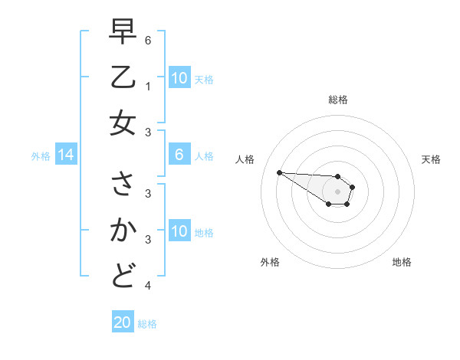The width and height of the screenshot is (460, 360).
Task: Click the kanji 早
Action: (123, 32)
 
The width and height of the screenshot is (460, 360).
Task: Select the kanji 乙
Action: (123, 77)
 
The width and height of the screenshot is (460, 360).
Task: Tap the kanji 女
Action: (123, 123)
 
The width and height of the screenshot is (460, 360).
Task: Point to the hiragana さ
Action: (123, 185)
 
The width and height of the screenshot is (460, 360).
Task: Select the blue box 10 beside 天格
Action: (179, 78)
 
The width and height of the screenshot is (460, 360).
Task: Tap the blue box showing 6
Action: (179, 155)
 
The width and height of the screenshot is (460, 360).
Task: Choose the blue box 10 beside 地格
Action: (179, 231)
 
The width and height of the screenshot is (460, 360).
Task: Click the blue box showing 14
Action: (66, 155)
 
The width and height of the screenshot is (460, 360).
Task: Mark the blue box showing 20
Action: (123, 322)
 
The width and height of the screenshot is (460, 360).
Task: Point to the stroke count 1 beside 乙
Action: (148, 86)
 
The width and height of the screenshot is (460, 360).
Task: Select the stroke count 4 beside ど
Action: (148, 286)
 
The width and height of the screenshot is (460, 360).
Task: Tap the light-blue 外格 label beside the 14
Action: (41, 156)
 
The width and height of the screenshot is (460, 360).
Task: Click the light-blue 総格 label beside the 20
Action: (147, 324)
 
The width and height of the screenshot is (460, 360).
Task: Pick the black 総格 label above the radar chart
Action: (338, 100)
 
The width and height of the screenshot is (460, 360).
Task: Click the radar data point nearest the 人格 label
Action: (279, 172)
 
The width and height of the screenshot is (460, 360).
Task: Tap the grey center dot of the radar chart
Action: (337, 191)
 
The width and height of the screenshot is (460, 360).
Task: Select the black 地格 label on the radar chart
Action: (402, 262)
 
